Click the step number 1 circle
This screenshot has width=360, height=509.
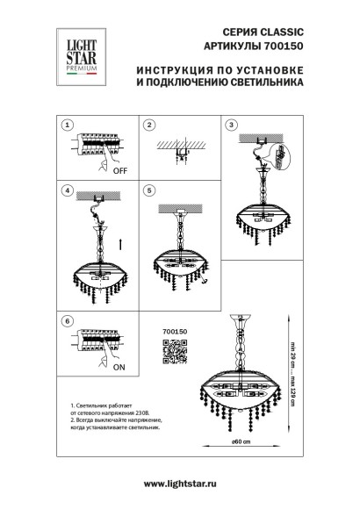[x=67, y=124]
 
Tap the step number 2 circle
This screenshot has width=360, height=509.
[x=149, y=124]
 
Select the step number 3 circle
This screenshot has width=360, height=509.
[x=232, y=124]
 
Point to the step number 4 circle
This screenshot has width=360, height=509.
[x=67, y=190]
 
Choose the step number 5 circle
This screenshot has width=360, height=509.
[x=149, y=190]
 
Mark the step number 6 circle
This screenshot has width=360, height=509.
[x=67, y=321]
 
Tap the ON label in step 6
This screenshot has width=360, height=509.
[x=118, y=370]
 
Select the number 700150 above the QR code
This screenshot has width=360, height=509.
[x=176, y=333]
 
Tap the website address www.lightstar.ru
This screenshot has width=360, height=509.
[x=179, y=484]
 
